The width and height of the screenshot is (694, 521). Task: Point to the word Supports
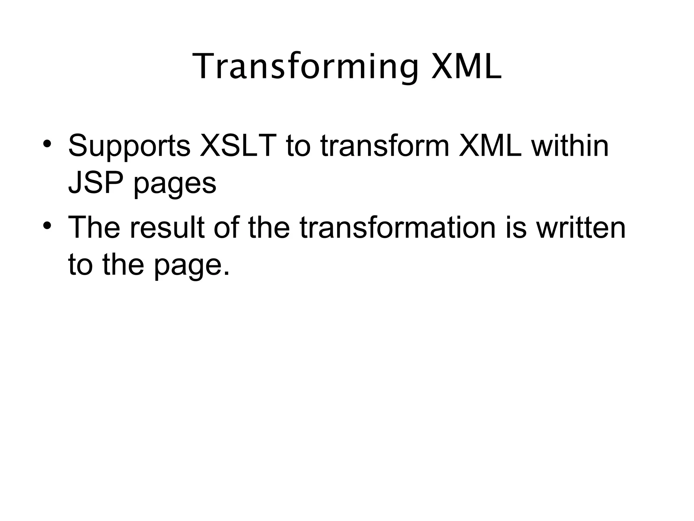(x=129, y=147)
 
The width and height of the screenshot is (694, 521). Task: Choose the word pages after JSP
(x=175, y=186)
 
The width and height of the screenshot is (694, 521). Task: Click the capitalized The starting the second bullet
(x=94, y=228)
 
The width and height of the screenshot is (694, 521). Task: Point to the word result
(x=167, y=228)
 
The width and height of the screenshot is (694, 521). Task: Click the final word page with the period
(x=192, y=266)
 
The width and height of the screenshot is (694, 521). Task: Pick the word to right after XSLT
(x=298, y=147)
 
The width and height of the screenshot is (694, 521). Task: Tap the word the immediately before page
(x=123, y=264)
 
